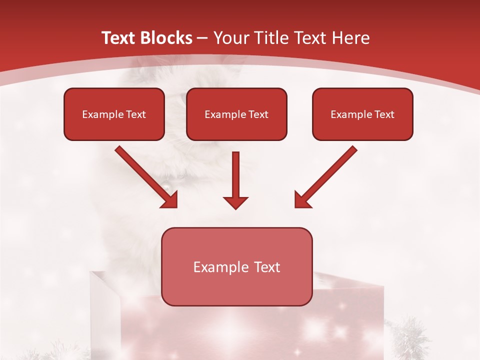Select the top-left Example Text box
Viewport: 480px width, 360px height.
114,114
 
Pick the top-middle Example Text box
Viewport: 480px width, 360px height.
236,114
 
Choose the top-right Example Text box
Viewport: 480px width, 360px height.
362,114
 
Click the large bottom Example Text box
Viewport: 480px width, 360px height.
236,266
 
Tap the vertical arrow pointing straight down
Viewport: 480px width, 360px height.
235,180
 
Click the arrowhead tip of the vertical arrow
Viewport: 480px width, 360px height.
235,207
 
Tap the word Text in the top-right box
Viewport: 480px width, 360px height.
384,114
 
